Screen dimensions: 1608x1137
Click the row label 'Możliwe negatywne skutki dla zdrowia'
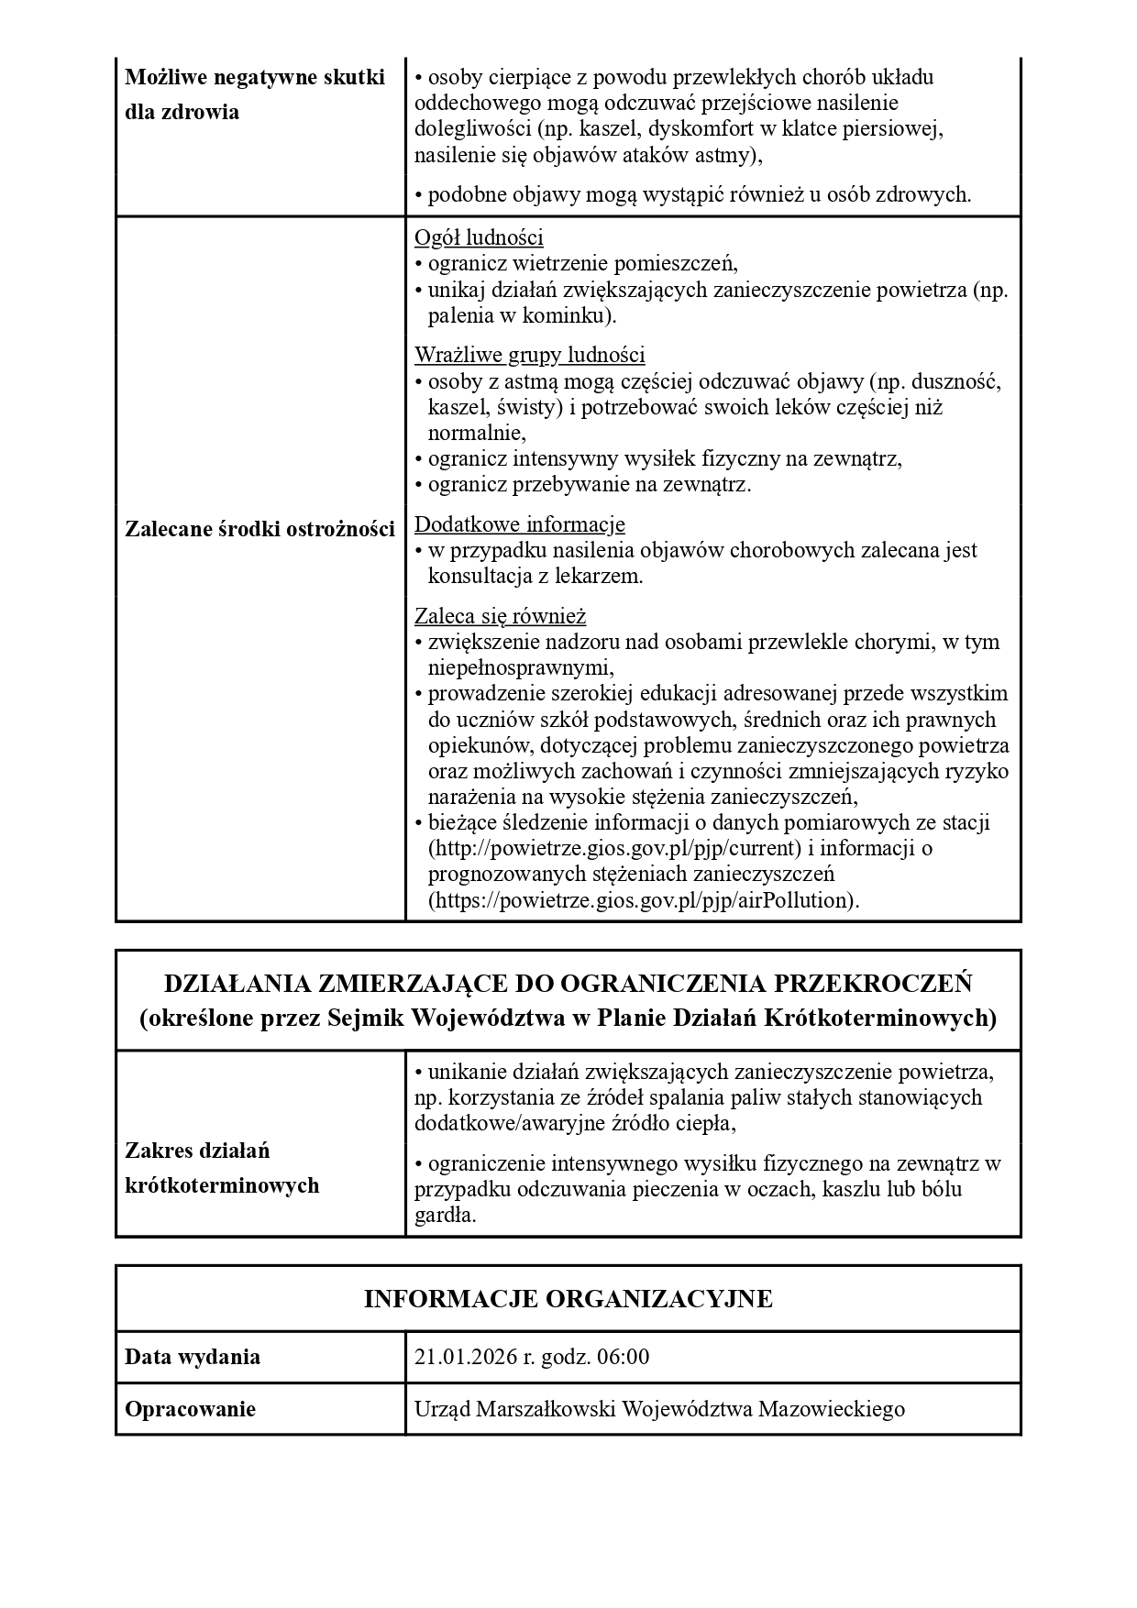(254, 94)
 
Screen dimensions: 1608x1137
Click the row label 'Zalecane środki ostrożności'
(259, 529)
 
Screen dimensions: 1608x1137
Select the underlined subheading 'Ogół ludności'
(479, 237)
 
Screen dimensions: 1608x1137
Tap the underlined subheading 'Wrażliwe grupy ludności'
(529, 355)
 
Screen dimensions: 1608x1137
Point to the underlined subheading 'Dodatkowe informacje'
(520, 524)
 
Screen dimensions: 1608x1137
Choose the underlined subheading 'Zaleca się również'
(500, 616)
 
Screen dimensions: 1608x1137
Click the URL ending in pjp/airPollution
(644, 899)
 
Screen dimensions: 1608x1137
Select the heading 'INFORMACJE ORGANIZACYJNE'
(568, 1299)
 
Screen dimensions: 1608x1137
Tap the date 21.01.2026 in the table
(465, 1357)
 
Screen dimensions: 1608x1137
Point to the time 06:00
(623, 1357)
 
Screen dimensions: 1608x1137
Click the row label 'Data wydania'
(193, 1357)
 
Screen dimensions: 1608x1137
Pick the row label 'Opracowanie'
(190, 1409)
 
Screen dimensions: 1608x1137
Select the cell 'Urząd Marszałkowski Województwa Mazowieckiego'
(659, 1409)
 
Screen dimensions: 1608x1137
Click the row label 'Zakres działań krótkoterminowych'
(222, 1168)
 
